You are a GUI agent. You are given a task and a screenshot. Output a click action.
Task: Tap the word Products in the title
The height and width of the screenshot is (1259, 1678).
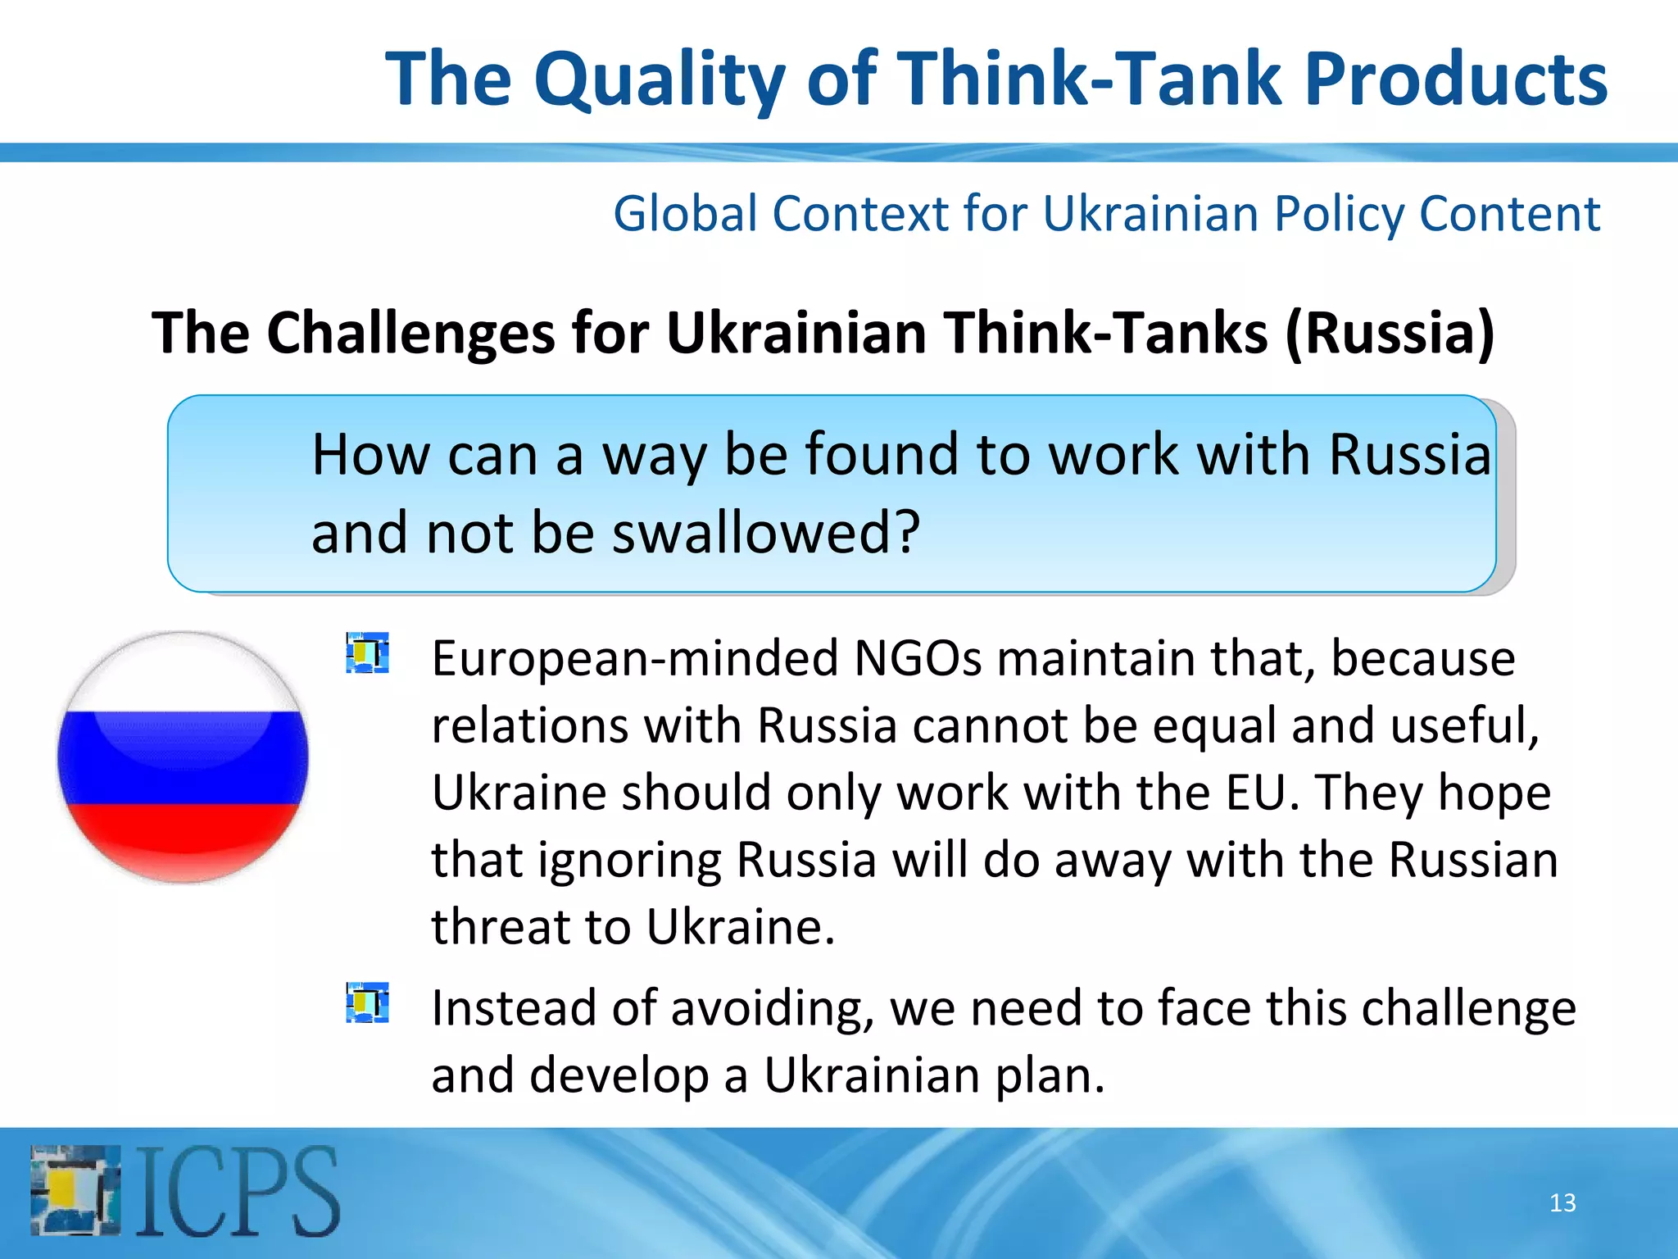click(1455, 80)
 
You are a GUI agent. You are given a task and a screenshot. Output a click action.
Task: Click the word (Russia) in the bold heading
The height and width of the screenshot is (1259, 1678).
click(1390, 334)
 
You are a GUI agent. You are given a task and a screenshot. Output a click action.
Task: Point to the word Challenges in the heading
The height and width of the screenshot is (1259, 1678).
click(411, 334)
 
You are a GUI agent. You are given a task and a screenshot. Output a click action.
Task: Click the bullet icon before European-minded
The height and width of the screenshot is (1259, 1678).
click(367, 652)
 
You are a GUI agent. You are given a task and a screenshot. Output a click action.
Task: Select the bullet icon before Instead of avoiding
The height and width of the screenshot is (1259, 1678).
click(367, 1002)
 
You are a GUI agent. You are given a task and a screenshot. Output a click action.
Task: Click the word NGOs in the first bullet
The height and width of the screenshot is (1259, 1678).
click(917, 658)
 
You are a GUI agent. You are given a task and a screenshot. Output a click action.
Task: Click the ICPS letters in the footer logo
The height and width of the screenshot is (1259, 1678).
click(238, 1192)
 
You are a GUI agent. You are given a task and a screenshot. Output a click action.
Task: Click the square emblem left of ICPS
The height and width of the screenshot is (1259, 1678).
click(75, 1191)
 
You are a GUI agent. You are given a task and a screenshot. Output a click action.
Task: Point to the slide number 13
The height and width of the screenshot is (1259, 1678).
click(1562, 1202)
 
